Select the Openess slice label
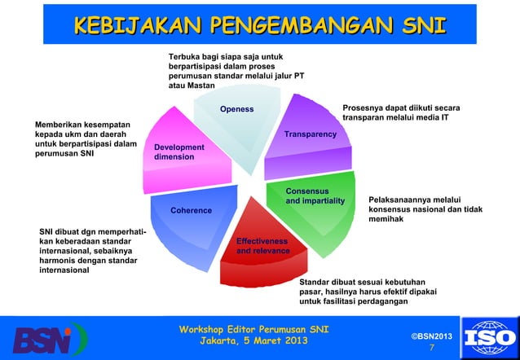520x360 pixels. [236, 109]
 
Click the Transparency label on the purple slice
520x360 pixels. [310, 134]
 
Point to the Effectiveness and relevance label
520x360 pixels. [262, 246]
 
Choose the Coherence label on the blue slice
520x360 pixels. [191, 211]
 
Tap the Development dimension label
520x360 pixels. [178, 151]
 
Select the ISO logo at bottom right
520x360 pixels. [489, 337]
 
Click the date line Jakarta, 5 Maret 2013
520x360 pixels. [253, 341]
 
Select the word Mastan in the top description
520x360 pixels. [199, 86]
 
